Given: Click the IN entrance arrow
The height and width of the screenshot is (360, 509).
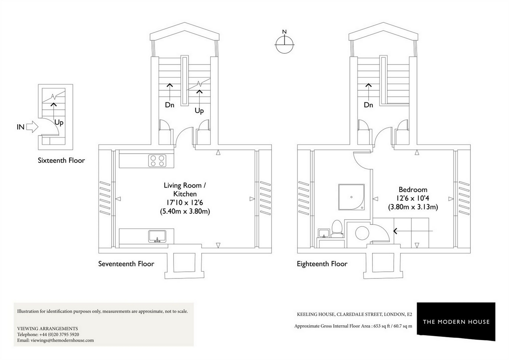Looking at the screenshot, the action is [x=32, y=127].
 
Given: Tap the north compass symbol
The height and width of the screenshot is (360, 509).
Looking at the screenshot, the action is [x=284, y=43].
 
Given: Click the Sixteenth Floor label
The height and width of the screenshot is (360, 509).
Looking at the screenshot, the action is [x=61, y=160].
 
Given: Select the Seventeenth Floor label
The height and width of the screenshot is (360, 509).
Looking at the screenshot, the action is [x=126, y=264].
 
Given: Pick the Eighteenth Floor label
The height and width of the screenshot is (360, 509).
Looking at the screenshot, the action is [x=322, y=264].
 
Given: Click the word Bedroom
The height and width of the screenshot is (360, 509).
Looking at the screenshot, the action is [x=413, y=190].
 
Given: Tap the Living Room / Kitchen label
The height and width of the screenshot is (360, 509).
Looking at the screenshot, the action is [x=185, y=189].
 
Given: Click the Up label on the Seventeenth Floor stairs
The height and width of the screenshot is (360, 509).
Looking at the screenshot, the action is [x=199, y=110].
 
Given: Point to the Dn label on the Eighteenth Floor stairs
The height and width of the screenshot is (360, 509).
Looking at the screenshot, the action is [x=368, y=105].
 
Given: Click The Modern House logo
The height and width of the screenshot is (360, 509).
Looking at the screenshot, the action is [x=456, y=322].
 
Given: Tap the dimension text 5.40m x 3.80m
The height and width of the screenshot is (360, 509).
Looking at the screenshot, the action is [x=185, y=211].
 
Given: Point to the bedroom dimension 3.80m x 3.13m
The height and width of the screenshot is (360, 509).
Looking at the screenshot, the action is [x=413, y=207].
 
